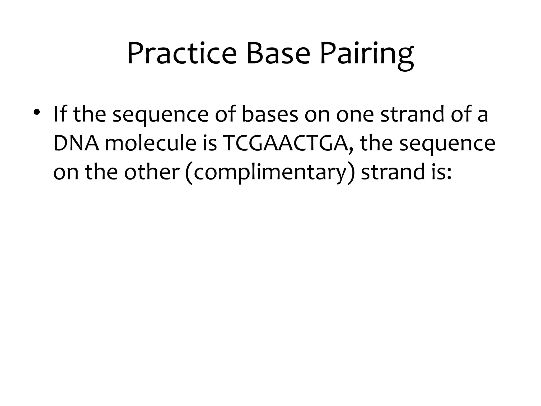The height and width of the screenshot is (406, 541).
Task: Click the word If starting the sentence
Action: point(60,114)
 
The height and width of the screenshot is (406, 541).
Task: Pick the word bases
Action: point(270,114)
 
